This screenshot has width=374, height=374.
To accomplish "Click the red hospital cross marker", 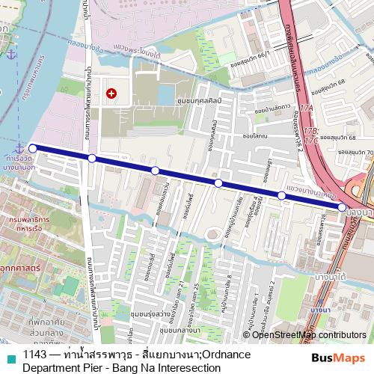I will pyautogui.click(x=111, y=93).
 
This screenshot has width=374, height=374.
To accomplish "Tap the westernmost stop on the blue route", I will pyautogui.click(x=32, y=148).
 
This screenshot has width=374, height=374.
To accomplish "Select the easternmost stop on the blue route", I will pyautogui.click(x=342, y=206).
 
